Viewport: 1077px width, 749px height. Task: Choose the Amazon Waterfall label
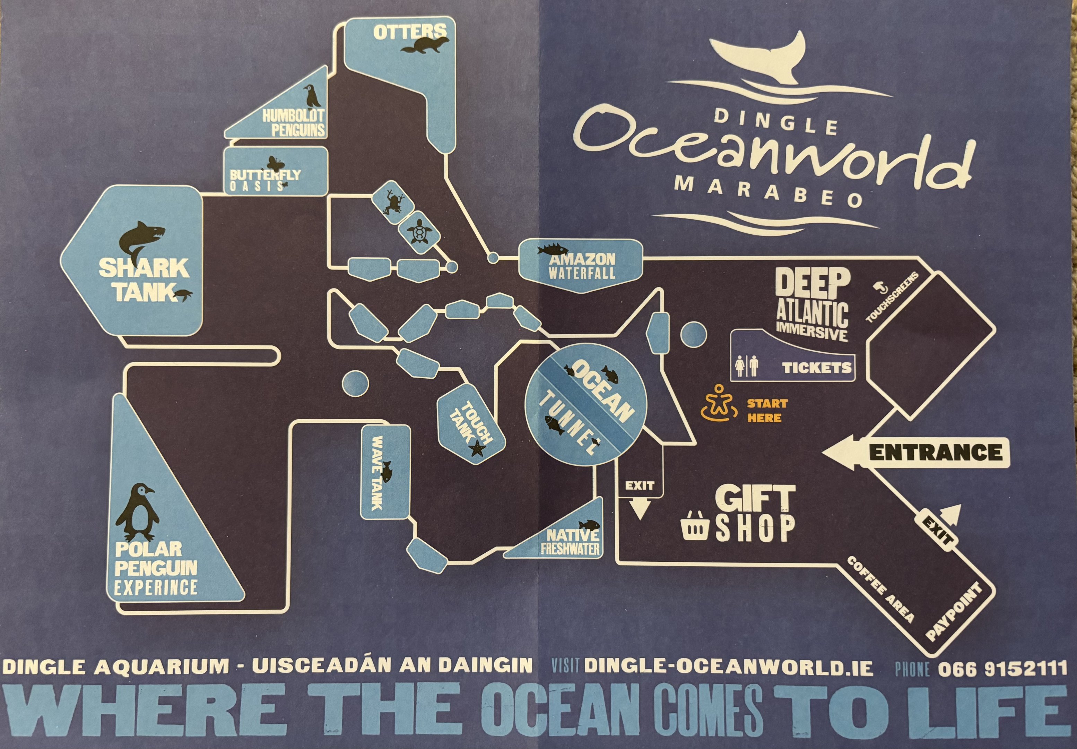pyautogui.click(x=582, y=266)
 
